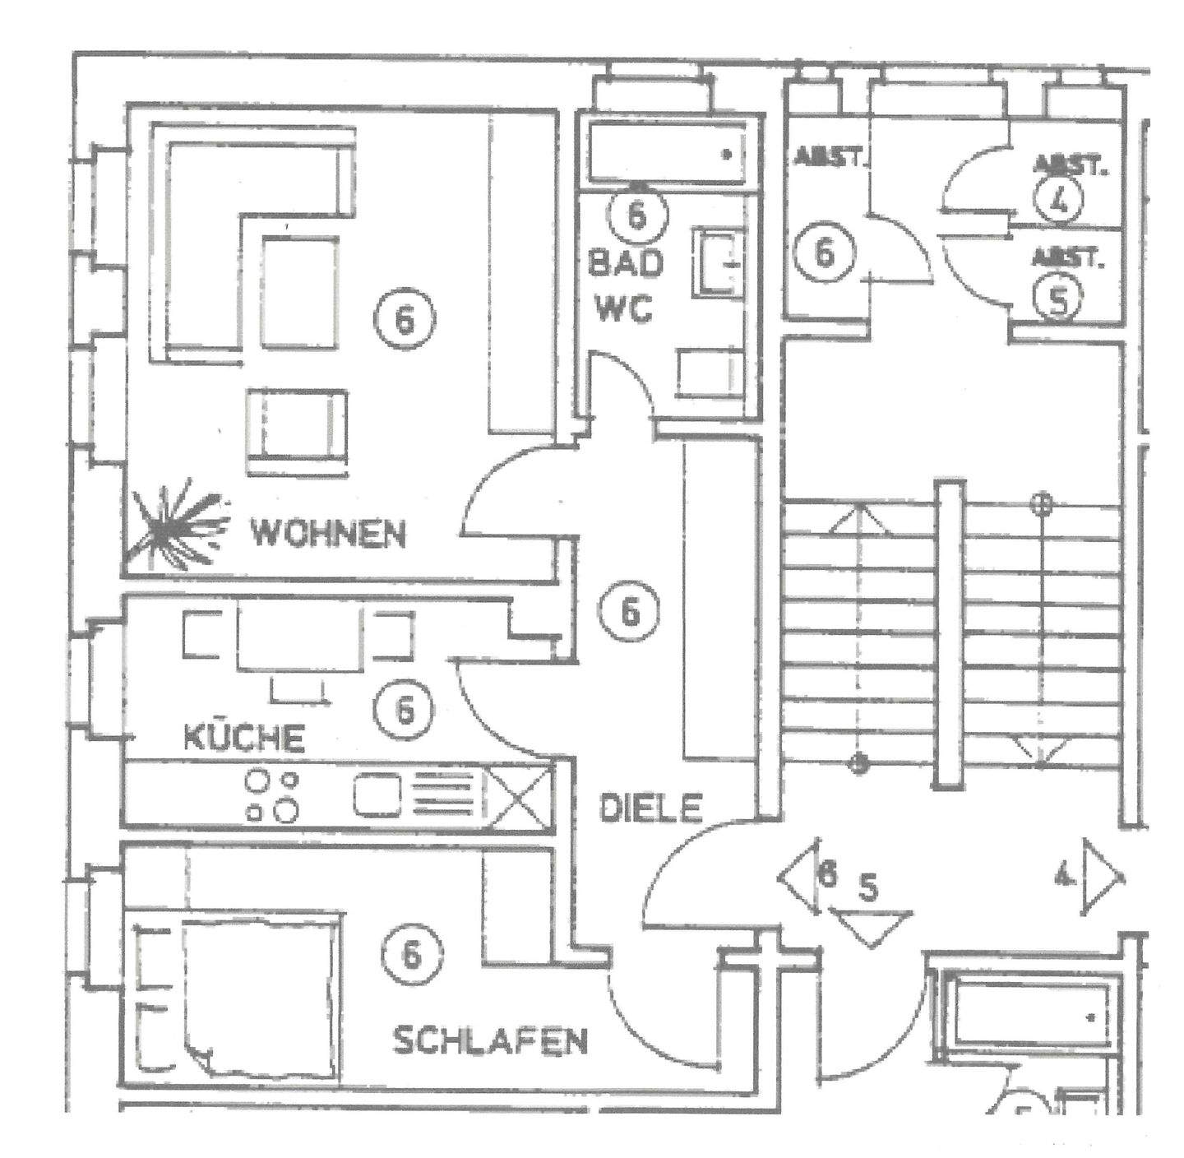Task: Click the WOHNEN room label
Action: point(328,535)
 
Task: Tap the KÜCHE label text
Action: point(243,737)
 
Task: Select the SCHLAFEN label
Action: point(491,1041)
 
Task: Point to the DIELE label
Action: point(650,808)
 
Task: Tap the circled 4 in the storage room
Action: point(1060,200)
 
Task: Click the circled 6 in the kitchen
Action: point(403,709)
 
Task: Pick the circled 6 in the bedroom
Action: point(411,953)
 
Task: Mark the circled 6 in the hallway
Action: point(629,613)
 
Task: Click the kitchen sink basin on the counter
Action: point(377,796)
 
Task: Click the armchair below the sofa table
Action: point(295,430)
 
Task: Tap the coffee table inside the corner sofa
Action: point(299,292)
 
